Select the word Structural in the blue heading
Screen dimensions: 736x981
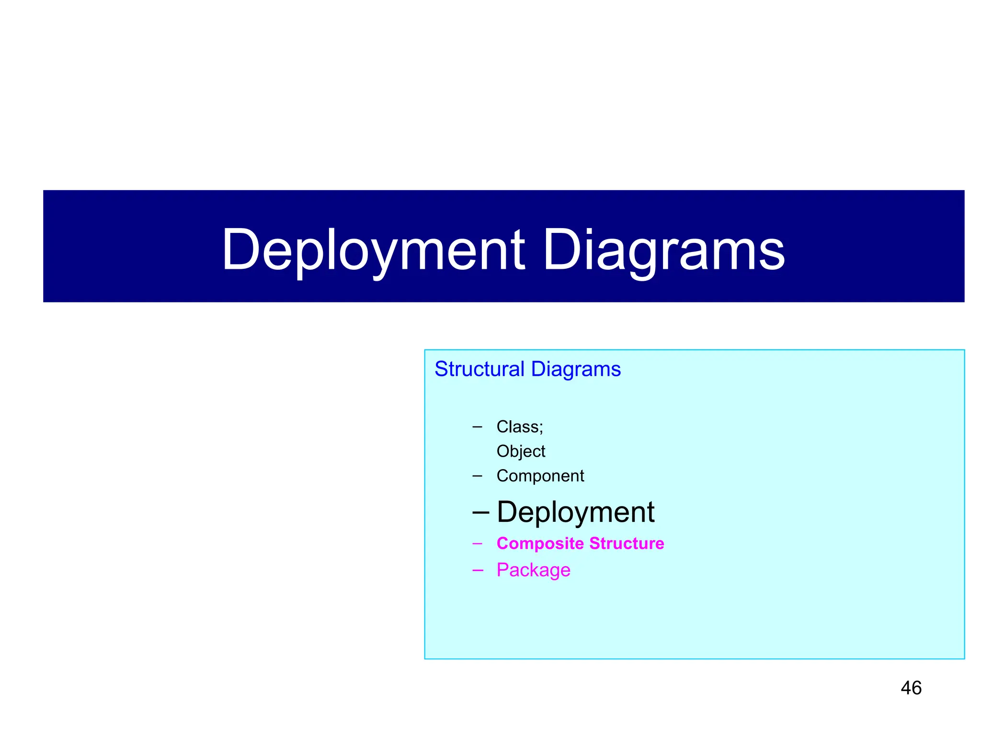(x=479, y=369)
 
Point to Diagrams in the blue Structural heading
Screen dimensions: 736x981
(x=576, y=369)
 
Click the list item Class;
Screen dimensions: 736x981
(x=520, y=426)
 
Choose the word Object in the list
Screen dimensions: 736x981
(x=521, y=451)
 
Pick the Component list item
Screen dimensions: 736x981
(x=540, y=476)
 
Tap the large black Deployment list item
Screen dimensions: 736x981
(x=575, y=512)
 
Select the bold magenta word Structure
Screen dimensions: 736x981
(x=627, y=543)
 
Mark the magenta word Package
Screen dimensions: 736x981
(x=533, y=570)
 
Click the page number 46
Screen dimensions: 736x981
(x=911, y=688)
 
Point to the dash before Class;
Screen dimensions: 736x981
(x=477, y=427)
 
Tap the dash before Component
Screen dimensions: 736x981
(x=477, y=476)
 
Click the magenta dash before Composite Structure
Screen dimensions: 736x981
(x=477, y=544)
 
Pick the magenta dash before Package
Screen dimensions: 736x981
(x=477, y=570)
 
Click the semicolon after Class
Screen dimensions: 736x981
(x=541, y=428)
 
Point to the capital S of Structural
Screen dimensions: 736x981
(x=441, y=369)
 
